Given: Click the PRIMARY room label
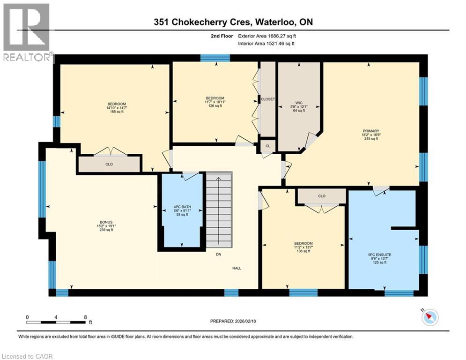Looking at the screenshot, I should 370,131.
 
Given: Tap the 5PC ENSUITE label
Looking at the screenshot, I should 379,255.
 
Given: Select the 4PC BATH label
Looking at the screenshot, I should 182,206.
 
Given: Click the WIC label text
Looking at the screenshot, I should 298,102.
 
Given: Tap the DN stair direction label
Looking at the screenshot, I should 218,255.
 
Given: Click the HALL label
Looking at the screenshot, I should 237,269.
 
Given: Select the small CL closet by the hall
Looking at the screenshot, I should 267,146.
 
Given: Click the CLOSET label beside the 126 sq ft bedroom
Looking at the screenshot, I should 268,99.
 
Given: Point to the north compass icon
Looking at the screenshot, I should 429,317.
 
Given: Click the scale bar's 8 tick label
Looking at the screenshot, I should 85,317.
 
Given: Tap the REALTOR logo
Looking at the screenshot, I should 27,33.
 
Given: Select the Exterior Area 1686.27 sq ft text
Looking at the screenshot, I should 267,36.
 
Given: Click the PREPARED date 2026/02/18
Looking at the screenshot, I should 234,322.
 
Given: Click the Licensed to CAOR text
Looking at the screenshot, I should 28,356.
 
